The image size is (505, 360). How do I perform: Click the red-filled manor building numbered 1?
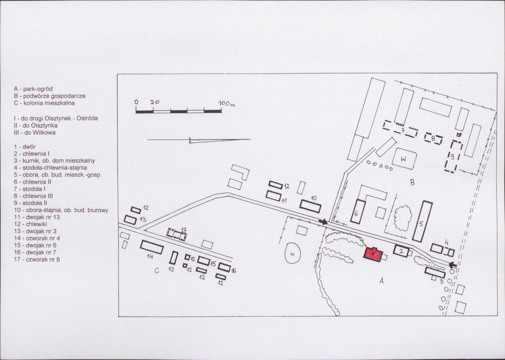[373, 254]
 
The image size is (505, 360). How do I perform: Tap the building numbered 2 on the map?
[401, 251]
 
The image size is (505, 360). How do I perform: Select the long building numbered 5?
[422, 221]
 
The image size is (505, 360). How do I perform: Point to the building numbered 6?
[358, 211]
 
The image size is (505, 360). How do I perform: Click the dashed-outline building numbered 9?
[454, 157]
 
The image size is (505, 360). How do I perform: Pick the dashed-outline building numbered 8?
[433, 139]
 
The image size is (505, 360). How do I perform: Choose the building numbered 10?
[310, 206]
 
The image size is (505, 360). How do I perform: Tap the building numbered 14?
[152, 247]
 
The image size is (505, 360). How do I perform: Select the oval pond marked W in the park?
[293, 253]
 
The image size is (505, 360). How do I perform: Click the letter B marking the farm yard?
[412, 183]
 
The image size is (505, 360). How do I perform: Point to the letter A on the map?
[381, 281]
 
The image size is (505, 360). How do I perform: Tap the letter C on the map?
[157, 271]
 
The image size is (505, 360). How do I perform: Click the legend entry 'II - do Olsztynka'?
[35, 125]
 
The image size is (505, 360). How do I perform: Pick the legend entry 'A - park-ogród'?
[33, 89]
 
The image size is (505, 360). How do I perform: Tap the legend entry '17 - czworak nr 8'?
[37, 259]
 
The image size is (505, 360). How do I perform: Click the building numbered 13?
[130, 220]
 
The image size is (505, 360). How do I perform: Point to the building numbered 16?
[224, 267]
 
